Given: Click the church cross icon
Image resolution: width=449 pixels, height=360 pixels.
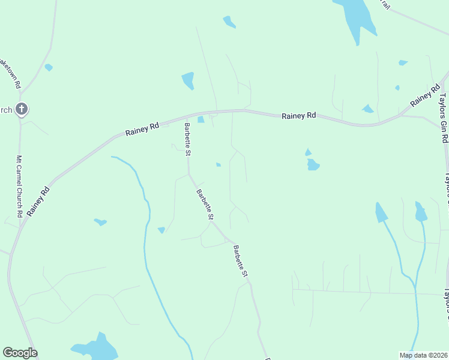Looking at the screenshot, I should click(x=21, y=109).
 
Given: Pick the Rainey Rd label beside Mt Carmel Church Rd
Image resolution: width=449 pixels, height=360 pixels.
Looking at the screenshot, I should click(x=38, y=201).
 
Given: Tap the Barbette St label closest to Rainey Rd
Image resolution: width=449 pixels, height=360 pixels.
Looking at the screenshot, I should click(x=188, y=139).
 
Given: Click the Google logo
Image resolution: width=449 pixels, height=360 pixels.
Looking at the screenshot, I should click(x=20, y=353).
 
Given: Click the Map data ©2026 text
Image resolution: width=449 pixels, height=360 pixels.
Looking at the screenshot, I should click(x=423, y=355).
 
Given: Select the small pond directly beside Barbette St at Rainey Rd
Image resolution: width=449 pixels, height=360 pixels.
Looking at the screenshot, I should click(x=200, y=119).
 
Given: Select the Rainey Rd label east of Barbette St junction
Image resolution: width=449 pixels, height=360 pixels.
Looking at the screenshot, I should click(x=299, y=115).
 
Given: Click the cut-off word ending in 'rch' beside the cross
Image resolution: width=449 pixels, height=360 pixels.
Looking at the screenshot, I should click(x=5, y=110).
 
